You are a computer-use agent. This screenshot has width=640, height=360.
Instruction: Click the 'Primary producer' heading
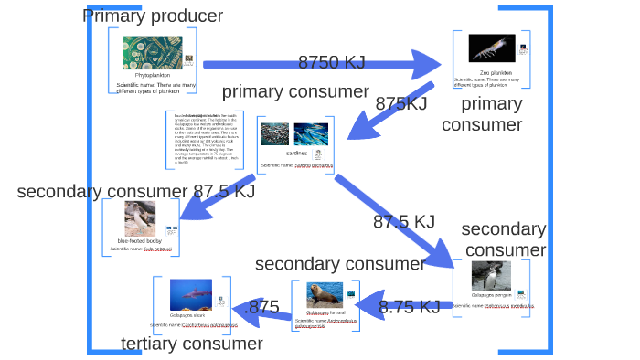click(x=153, y=16)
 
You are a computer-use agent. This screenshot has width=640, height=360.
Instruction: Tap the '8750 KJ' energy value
click(x=331, y=62)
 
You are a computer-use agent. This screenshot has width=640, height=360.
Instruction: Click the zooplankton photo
click(x=491, y=48)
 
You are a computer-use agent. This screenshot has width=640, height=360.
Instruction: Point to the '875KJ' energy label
click(x=401, y=103)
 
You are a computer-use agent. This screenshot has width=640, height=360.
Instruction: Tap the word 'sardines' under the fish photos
click(x=296, y=153)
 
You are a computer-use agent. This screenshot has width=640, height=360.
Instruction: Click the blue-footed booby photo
click(x=143, y=217)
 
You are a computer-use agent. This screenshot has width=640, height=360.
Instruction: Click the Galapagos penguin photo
click(x=491, y=276)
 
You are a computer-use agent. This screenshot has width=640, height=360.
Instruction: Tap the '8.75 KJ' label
click(x=411, y=307)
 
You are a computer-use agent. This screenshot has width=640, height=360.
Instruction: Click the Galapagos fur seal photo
click(x=325, y=295)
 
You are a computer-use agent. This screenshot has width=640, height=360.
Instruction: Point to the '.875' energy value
click(x=263, y=307)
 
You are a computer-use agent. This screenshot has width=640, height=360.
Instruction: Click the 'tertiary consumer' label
click(x=192, y=344)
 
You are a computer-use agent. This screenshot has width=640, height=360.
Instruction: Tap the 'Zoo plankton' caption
click(x=496, y=72)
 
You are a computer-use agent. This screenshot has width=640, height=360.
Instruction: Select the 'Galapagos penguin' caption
click(x=491, y=295)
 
